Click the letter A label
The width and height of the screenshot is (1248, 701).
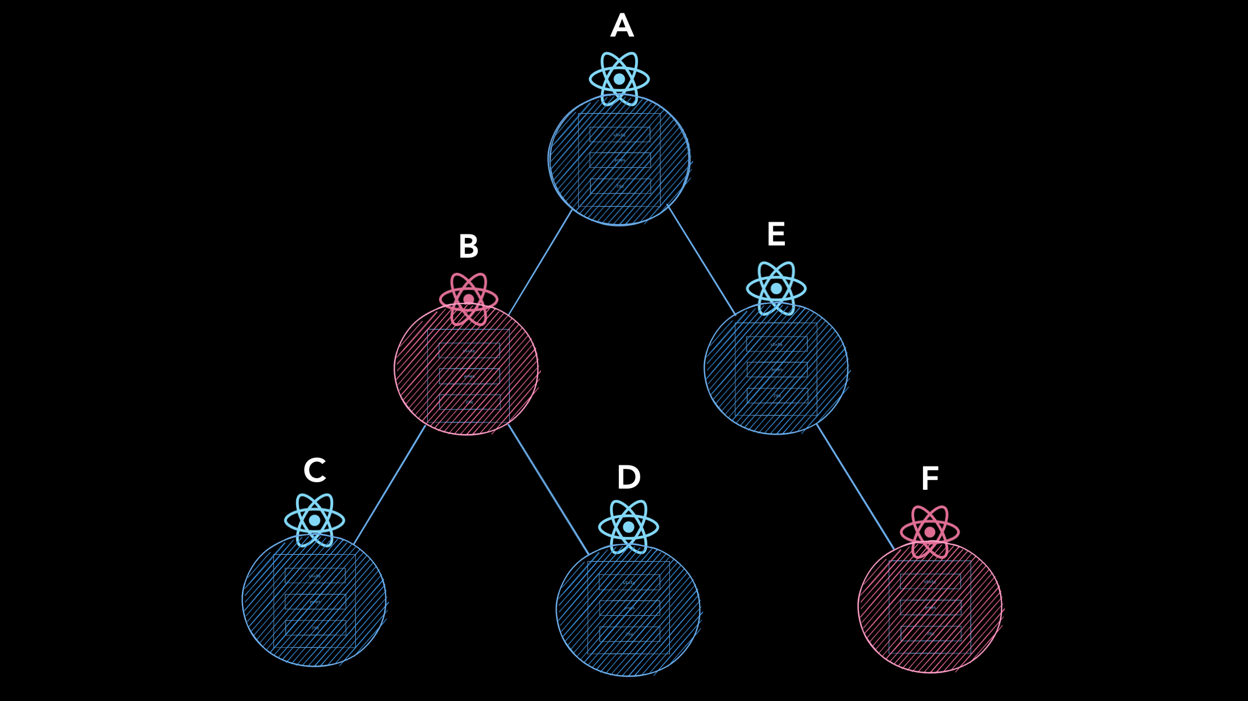(x=622, y=26)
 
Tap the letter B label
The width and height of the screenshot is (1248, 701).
(x=468, y=247)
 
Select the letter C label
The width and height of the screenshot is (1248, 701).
(x=315, y=470)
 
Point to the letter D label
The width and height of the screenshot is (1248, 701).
(x=629, y=478)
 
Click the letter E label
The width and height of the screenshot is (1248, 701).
(x=776, y=234)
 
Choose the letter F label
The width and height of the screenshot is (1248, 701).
(x=930, y=479)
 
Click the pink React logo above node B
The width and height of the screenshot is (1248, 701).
(x=468, y=299)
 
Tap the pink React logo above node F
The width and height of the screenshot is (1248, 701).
(x=930, y=532)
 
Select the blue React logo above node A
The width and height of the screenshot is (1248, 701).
(x=619, y=79)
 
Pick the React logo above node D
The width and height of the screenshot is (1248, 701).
(x=629, y=527)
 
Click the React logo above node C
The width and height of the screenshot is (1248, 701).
(x=315, y=520)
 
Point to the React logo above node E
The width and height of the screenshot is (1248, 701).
(x=776, y=288)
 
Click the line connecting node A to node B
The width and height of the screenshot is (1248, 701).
(x=540, y=262)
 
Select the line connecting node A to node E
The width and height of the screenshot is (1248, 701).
(x=701, y=259)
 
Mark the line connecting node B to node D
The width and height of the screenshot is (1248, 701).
(x=549, y=489)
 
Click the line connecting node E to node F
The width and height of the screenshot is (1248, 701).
(x=855, y=487)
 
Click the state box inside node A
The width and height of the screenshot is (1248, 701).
(x=620, y=135)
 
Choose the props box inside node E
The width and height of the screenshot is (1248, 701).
(x=777, y=370)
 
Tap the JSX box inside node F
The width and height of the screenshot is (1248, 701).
(x=930, y=633)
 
